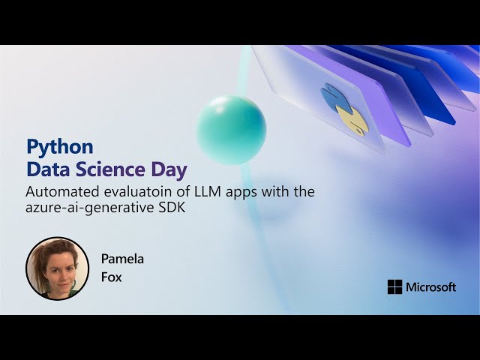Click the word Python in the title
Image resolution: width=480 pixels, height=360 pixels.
[x=59, y=145]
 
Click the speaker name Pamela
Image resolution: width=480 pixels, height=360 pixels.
[x=122, y=259]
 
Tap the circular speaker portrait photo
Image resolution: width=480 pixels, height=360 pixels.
[x=58, y=268]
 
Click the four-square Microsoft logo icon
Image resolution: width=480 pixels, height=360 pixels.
[x=394, y=286]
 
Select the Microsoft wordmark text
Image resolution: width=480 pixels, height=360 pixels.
[x=430, y=286]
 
